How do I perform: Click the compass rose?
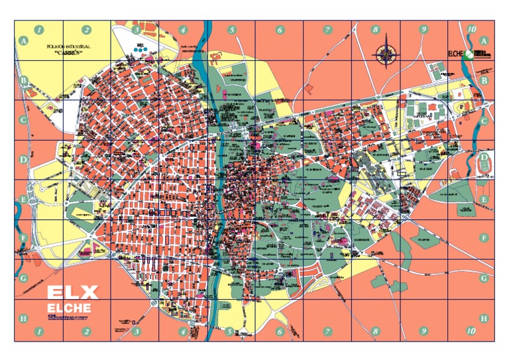[386, 55]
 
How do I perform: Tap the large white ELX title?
[72, 292]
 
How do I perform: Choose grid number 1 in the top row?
[39, 29]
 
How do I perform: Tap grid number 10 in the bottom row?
[471, 330]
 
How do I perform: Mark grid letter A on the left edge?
[25, 40]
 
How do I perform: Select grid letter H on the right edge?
[484, 318]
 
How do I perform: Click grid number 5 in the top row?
[232, 29]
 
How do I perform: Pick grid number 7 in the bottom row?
[327, 330]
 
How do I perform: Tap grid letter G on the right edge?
[484, 278]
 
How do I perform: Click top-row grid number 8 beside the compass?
[375, 29]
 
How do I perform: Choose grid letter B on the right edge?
[484, 81]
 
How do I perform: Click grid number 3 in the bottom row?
[136, 330]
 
